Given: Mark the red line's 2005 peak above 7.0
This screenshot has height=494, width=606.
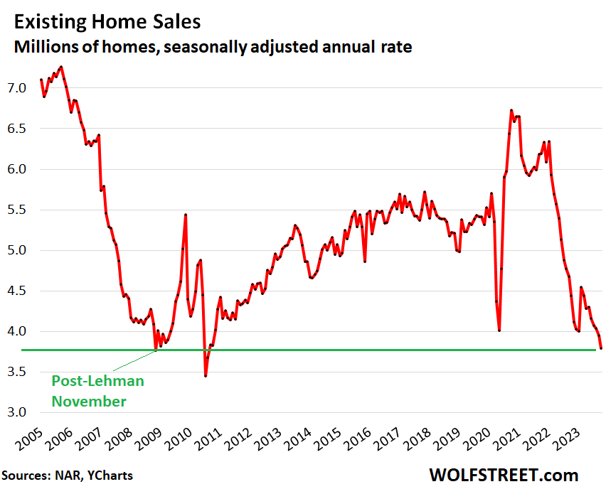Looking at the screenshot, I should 61,67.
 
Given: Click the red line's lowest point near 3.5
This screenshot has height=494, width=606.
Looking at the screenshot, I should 206,375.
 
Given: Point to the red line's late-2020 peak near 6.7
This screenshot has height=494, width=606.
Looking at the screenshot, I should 511,110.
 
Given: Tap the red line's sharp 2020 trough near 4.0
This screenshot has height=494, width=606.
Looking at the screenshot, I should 499,330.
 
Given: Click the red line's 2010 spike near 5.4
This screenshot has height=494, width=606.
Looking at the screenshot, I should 186,215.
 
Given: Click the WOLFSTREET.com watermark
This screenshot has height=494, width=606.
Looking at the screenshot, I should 504,475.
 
